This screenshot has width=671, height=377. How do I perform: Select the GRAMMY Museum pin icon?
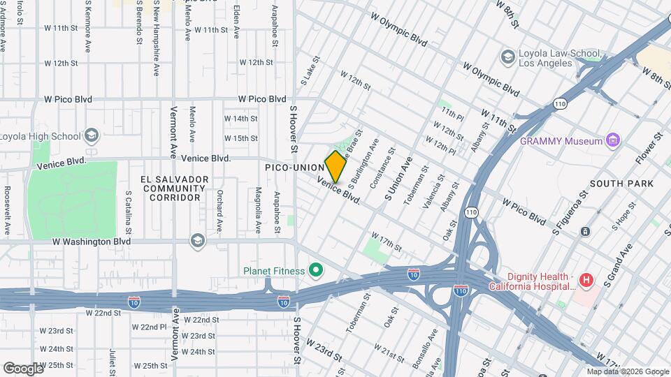(x=614, y=141)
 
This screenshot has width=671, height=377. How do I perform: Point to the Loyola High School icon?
(x=91, y=135)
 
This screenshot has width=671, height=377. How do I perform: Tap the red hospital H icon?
(x=586, y=281)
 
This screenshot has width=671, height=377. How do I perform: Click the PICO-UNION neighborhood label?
(x=294, y=168)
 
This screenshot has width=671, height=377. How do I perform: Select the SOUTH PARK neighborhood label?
(x=621, y=184)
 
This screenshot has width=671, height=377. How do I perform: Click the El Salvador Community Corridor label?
(x=175, y=188)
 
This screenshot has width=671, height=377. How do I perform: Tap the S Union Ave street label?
(x=398, y=179)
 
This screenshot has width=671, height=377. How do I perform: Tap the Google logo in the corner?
(x=23, y=368)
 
